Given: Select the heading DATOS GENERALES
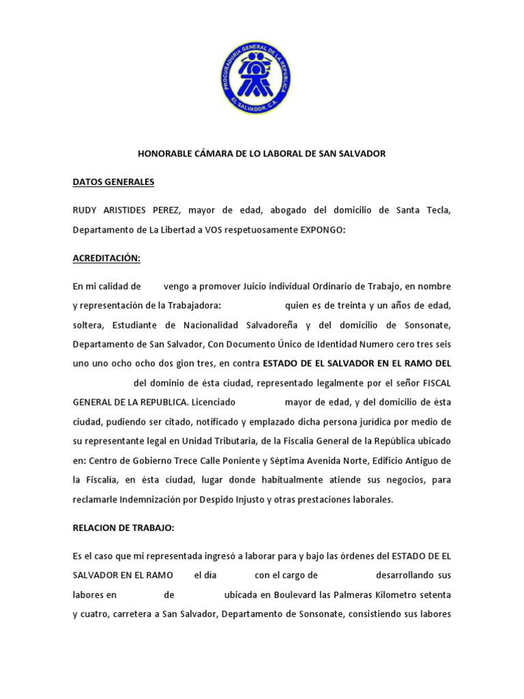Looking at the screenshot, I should [x=114, y=182].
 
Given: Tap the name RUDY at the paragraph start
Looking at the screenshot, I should [x=87, y=210].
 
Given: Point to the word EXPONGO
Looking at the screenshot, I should [x=323, y=230].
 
